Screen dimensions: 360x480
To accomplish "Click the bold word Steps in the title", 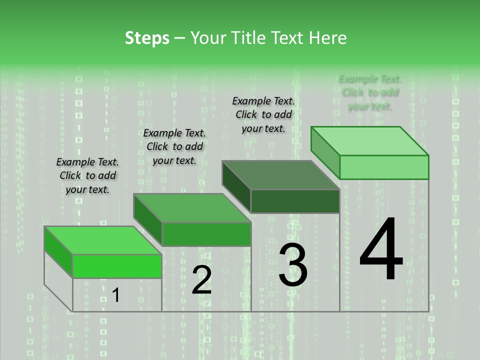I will (x=147, y=38).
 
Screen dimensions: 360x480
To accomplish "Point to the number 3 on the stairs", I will (x=293, y=264).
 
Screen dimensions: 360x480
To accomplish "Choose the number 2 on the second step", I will (x=201, y=280).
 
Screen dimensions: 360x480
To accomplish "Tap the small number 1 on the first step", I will (x=115, y=295).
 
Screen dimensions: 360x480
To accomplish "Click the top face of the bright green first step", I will (x=102, y=240).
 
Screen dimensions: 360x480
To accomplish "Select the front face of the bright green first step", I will (x=117, y=266).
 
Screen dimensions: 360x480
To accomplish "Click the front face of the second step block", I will (x=206, y=234).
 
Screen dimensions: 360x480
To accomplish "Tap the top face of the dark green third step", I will (x=280, y=175).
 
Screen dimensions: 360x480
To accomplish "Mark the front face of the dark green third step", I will (x=295, y=201).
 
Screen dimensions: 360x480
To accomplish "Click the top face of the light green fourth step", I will (x=369, y=141).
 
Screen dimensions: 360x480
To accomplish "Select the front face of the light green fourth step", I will (x=384, y=167).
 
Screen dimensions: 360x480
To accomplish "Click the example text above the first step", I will (x=87, y=175).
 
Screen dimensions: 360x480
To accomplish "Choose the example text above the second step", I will (x=174, y=146).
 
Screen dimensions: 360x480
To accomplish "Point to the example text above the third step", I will (x=263, y=114).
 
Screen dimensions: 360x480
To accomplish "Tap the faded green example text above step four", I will (x=370, y=92).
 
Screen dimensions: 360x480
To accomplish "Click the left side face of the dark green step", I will (x=236, y=186).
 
